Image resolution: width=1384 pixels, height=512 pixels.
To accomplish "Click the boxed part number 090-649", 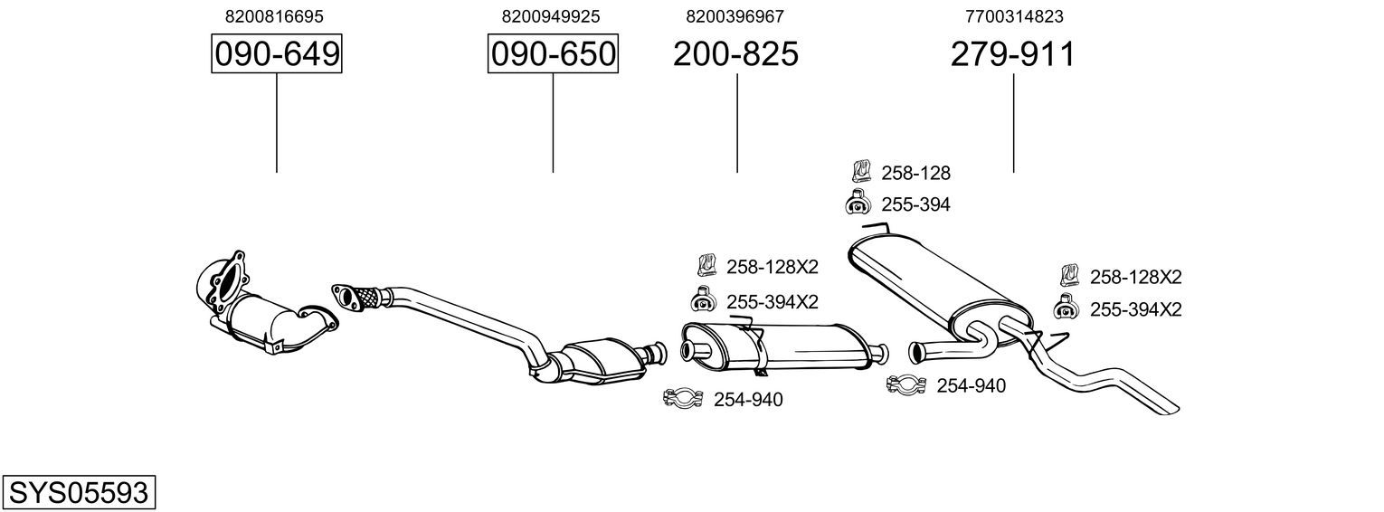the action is [276, 55].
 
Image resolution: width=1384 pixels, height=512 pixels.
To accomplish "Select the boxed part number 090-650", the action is [553, 55].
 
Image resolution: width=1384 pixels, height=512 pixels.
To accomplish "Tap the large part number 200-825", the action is [735, 55].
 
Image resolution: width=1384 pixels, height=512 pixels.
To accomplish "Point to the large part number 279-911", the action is [1012, 55].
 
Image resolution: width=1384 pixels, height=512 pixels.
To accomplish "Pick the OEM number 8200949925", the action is [551, 16].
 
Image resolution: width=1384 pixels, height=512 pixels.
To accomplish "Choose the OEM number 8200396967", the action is [735, 16].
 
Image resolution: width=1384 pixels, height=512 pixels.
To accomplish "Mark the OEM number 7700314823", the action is [1013, 16].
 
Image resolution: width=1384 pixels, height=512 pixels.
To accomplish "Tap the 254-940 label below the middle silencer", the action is [748, 399].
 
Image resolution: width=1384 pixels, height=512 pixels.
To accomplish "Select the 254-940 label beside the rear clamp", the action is [971, 386].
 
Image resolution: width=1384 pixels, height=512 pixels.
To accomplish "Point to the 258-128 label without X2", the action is [915, 173].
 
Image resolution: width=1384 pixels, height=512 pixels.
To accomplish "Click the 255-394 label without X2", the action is [915, 204].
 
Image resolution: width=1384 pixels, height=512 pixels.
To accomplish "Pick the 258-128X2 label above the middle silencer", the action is [772, 267].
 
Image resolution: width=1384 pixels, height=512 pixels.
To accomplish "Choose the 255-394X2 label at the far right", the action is [1135, 309].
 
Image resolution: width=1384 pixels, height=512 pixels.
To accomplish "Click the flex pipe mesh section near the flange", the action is [366, 295].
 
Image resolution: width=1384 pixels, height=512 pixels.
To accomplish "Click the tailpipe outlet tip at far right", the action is [1167, 406].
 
